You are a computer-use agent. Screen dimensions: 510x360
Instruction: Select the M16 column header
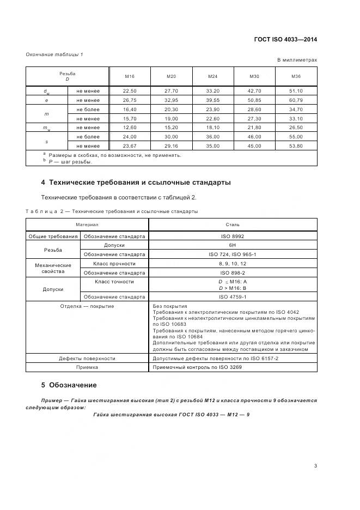(130, 76)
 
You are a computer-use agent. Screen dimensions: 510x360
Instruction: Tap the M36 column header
(296, 76)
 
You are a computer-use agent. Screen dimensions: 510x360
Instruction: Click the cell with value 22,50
(130, 91)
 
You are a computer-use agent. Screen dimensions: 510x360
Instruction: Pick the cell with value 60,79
(296, 100)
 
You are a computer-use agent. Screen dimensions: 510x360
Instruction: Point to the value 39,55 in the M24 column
(213, 100)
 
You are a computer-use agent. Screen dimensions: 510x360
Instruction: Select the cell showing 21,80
(254, 127)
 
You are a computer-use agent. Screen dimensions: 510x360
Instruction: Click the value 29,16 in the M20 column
(172, 146)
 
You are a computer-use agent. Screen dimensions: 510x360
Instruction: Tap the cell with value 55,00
(296, 137)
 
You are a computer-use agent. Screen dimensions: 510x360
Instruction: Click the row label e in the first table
(46, 100)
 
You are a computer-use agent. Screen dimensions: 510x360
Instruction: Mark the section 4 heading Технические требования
(136, 183)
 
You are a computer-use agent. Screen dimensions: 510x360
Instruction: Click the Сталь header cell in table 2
(233, 224)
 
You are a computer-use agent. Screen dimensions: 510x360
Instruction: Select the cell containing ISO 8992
(233, 236)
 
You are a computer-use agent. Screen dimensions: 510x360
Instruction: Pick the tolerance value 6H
(233, 245)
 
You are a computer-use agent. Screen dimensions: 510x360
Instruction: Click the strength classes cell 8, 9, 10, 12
(233, 263)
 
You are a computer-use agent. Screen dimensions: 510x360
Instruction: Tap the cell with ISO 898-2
(233, 272)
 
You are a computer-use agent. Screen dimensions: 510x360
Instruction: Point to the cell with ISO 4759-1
(233, 297)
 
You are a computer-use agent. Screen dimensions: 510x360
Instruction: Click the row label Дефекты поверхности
(87, 359)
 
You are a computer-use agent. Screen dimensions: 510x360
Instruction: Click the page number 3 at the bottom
(315, 466)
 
